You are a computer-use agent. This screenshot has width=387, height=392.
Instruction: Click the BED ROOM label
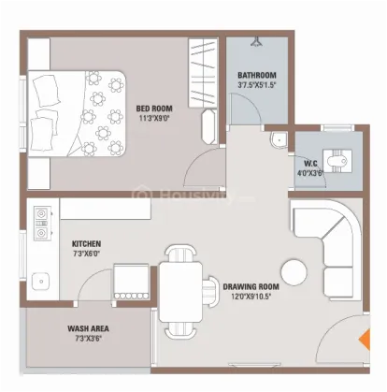[x=154, y=109]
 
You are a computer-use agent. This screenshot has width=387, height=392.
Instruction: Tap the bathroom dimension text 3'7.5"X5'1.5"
[x=257, y=85]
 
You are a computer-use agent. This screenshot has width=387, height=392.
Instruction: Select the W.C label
[x=310, y=164]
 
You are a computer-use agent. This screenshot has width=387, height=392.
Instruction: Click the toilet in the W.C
[x=337, y=161]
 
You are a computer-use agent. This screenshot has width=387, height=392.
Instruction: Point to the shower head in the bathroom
[x=256, y=41]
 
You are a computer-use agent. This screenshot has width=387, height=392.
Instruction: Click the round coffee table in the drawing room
[x=294, y=272]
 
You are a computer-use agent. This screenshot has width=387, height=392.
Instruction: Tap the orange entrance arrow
[x=365, y=340]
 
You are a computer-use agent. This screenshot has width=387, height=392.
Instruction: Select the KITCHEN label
[x=86, y=243]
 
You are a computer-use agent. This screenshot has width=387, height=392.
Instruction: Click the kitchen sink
[x=41, y=281]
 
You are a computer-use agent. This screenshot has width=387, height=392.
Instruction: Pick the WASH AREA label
[x=88, y=328]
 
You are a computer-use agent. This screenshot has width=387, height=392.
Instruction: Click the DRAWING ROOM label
[x=251, y=286]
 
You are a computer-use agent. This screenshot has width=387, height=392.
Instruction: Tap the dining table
[x=180, y=292]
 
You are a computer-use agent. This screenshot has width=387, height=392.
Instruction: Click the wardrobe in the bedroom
[x=203, y=73]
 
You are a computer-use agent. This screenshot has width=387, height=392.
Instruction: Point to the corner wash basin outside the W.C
[x=279, y=139]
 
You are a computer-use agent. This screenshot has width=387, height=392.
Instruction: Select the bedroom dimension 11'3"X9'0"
[x=154, y=119]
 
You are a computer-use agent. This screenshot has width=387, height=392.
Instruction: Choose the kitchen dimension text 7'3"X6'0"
[x=86, y=254]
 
